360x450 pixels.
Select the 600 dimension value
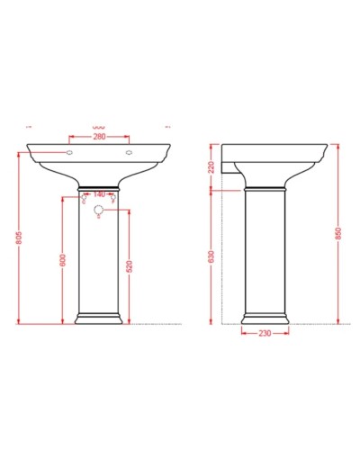[63, 258]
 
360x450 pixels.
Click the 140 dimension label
[98, 193]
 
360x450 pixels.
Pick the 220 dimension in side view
[210, 167]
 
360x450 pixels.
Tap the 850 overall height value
[338, 233]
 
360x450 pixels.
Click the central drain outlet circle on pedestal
[98, 211]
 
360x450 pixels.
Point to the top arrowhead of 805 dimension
[18, 155]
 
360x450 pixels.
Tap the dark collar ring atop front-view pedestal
[98, 187]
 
